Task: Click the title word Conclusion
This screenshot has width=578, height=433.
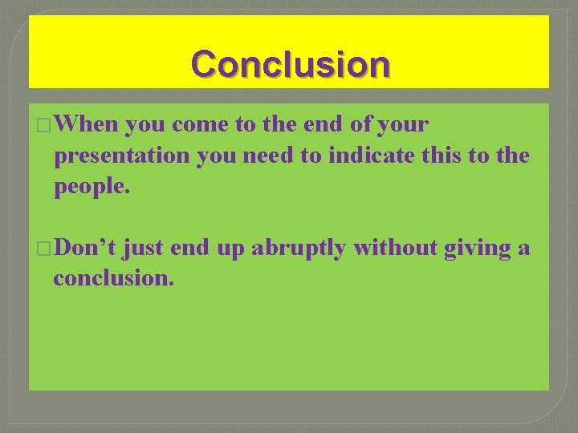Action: (291, 64)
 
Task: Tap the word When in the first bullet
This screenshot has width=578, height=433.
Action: (88, 125)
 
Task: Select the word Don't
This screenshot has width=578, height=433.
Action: (86, 249)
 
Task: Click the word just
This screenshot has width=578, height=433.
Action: (144, 249)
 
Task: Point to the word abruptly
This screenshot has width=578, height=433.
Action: (298, 249)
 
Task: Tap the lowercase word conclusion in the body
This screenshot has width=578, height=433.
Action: (113, 279)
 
